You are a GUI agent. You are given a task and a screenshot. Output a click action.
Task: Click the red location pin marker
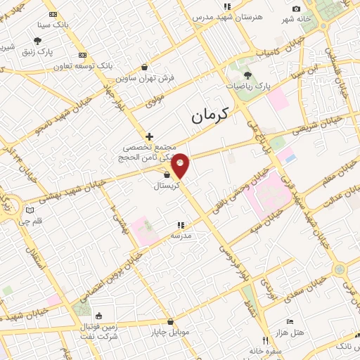click(x=181, y=165)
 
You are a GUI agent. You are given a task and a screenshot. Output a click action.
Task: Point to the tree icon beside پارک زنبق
click(x=37, y=41)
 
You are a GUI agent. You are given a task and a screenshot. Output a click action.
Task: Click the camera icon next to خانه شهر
click(x=296, y=9)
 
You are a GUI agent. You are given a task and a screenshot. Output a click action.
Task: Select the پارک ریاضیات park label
click(x=247, y=85)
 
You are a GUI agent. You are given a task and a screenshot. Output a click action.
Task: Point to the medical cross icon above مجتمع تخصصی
click(x=149, y=136)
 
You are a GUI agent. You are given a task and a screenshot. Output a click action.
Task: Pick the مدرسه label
click(x=181, y=236)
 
